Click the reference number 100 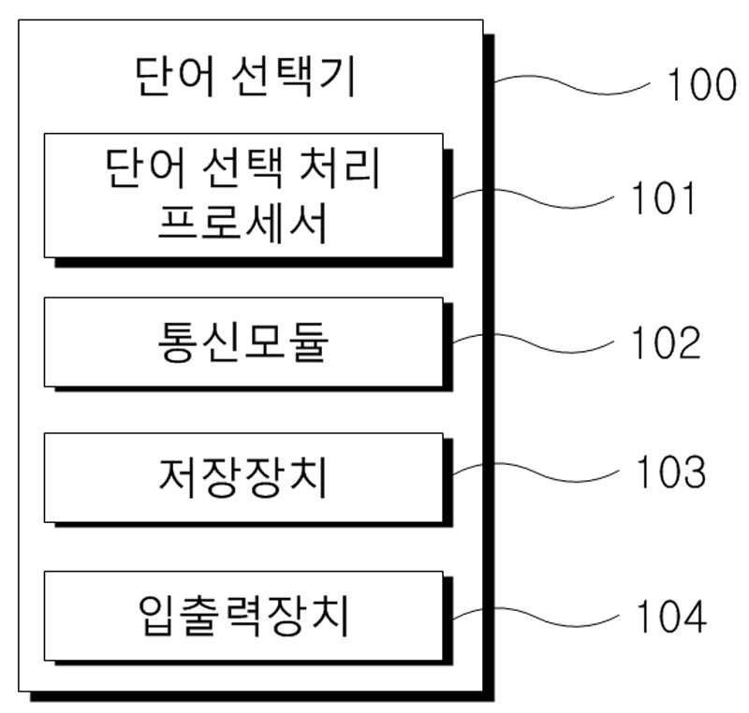[x=701, y=84]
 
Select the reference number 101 [x=664, y=198]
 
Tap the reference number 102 [x=667, y=342]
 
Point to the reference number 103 [x=671, y=472]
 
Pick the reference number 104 [x=671, y=616]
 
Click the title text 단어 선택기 [x=245, y=77]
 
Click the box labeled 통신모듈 [x=243, y=342]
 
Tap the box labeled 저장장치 [x=243, y=477]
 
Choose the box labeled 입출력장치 [x=243, y=616]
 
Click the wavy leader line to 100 [x=572, y=84]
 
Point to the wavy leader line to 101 [x=533, y=198]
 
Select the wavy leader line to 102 [x=533, y=343]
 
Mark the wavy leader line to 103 [x=536, y=473]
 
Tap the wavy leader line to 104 [x=536, y=617]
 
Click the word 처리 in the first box [x=339, y=168]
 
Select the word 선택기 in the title [x=294, y=77]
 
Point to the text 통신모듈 [x=243, y=342]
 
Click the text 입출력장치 [x=243, y=616]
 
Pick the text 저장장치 [x=243, y=477]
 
